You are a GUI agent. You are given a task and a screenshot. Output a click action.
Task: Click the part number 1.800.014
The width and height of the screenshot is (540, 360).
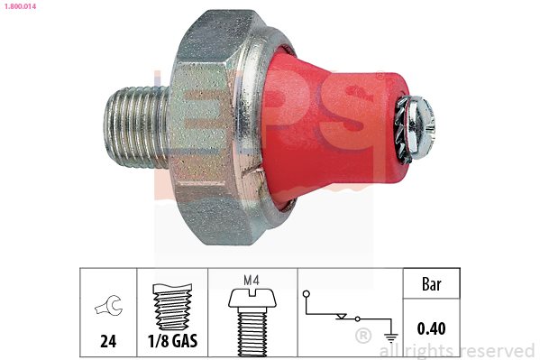(x=20, y=6)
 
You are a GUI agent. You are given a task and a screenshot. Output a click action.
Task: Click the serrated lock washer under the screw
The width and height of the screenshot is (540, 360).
(x=404, y=129)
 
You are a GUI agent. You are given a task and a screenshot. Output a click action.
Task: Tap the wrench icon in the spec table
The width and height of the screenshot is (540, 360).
(x=109, y=306)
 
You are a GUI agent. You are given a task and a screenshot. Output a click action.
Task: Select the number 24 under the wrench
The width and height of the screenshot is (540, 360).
(x=108, y=341)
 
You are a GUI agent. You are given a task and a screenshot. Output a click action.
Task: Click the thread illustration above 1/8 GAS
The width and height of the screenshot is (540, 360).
(x=172, y=307)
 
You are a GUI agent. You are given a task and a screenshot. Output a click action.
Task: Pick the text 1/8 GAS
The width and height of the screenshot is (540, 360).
(x=172, y=341)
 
